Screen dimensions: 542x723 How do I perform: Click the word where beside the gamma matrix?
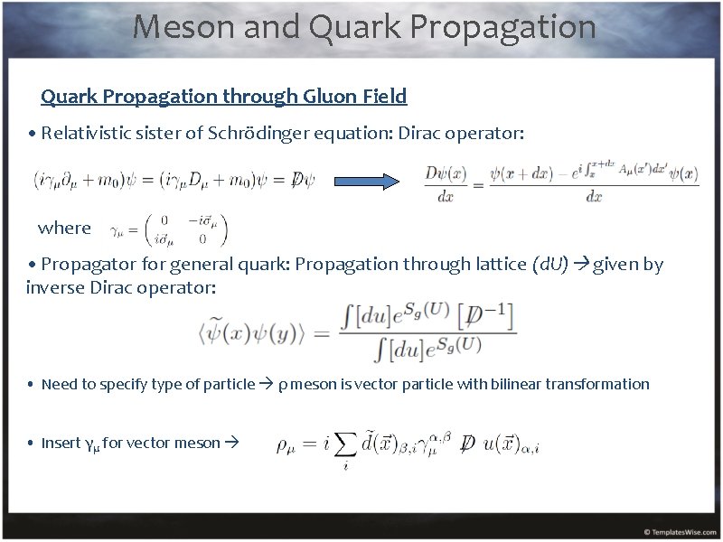(x=64, y=228)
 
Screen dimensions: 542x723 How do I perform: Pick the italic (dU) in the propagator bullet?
(x=550, y=264)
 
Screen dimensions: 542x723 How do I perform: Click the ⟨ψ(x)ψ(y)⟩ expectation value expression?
(x=258, y=332)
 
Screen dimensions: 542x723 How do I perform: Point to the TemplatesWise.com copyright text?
(x=678, y=531)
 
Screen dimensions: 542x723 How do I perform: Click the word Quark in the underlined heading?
(x=68, y=96)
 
